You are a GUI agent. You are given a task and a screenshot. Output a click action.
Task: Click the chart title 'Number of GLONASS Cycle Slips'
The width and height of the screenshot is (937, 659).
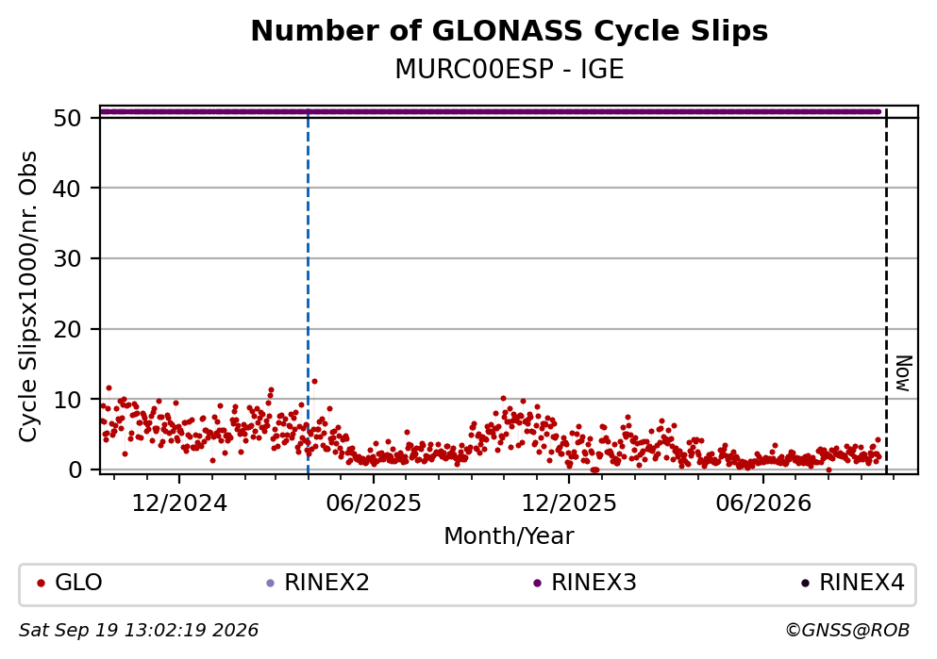[510, 31]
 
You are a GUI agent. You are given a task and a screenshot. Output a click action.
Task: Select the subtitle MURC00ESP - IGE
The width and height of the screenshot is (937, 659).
[510, 69]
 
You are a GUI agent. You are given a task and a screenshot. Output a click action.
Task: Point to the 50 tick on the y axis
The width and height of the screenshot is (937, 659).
[67, 118]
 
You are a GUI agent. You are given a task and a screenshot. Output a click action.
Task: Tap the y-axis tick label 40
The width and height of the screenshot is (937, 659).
[67, 189]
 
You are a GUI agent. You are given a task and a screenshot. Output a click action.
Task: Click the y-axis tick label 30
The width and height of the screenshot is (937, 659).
[67, 259]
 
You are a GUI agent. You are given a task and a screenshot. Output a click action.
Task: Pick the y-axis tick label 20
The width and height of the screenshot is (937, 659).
[67, 330]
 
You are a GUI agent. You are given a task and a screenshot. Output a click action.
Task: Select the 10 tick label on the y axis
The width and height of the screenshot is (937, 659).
[67, 400]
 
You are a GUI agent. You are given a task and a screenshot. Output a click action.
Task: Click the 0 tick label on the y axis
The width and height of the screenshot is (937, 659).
[75, 470]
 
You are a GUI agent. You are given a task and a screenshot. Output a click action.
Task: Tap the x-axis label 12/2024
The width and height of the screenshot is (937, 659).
[179, 503]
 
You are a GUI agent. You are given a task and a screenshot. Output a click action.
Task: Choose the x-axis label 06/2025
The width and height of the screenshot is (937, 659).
[374, 503]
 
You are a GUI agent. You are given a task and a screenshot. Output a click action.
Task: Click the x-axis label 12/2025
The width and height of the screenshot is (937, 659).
[569, 503]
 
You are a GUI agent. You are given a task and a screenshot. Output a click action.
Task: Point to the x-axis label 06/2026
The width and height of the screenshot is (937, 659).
[763, 503]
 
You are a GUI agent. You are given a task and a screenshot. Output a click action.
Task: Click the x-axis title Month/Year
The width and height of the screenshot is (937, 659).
[510, 536]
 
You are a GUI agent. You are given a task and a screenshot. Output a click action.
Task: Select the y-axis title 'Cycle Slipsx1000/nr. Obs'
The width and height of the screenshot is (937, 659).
[27, 297]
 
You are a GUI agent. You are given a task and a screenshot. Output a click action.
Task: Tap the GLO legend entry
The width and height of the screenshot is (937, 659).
[70, 583]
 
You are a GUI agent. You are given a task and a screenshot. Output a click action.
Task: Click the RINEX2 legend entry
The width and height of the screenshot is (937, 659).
[318, 583]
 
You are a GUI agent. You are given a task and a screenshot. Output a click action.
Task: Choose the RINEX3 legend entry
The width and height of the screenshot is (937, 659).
[585, 583]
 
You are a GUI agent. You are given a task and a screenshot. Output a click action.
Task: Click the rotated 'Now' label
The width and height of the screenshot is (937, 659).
[904, 373]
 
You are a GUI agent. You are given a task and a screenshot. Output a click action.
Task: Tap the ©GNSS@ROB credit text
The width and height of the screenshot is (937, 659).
[847, 631]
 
